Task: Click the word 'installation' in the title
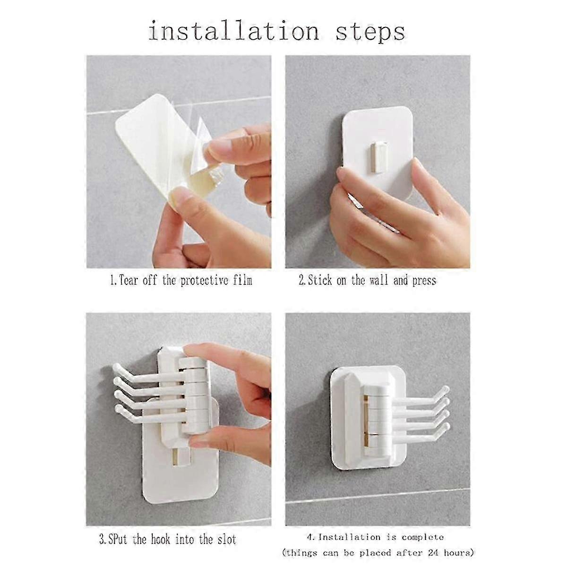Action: (x=233, y=31)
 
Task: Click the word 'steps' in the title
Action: (x=370, y=33)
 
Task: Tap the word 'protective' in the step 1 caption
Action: (x=204, y=281)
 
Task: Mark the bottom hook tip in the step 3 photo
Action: (x=118, y=409)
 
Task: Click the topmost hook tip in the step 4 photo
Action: (x=446, y=389)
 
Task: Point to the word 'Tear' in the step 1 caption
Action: (x=128, y=280)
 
